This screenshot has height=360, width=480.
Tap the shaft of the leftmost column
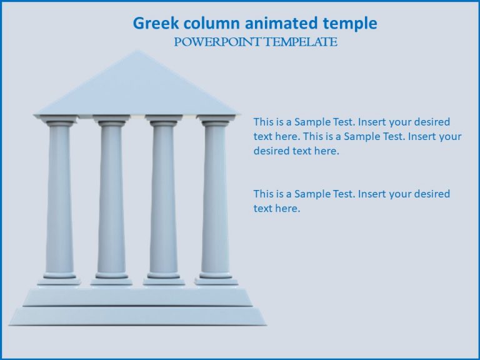[x=59, y=200]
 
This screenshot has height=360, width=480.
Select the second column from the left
[x=111, y=200]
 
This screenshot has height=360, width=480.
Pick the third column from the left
[x=164, y=200]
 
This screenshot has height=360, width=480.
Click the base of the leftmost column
[x=59, y=279]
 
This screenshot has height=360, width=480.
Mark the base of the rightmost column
[x=216, y=279]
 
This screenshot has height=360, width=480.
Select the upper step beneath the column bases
[x=137, y=296]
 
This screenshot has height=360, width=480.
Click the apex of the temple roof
[x=138, y=52]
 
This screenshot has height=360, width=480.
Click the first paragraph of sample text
[x=357, y=136]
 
